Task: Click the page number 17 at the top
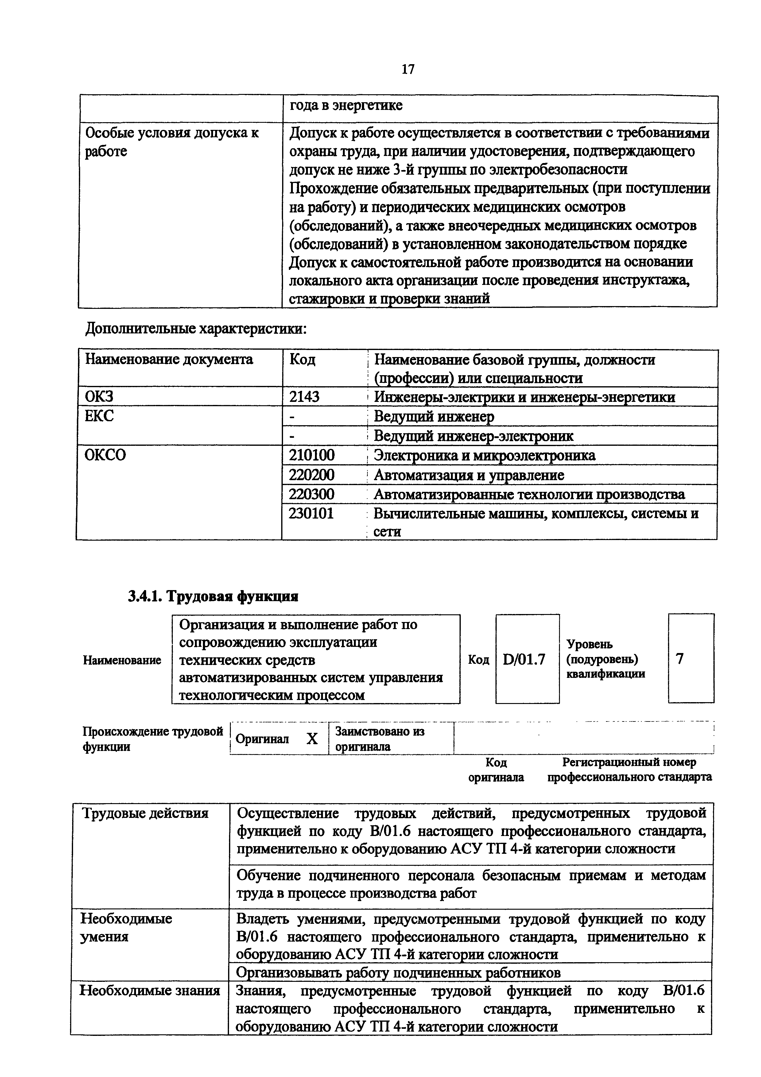pos(408,69)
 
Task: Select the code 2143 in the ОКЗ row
pos(304,397)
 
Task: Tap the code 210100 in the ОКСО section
pos(312,455)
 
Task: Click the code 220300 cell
pos(312,494)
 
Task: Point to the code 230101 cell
pos(311,514)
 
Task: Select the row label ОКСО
pos(106,455)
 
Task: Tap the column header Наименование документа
pos(169,359)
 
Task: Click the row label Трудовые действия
pos(145,813)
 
